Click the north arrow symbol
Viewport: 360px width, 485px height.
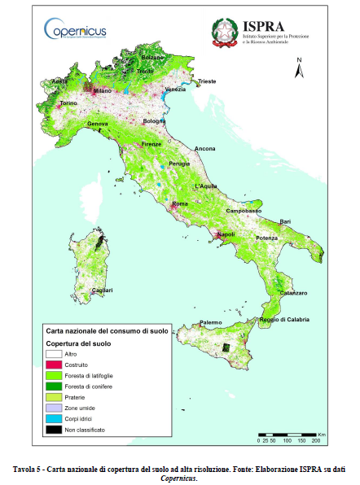[x=300, y=70]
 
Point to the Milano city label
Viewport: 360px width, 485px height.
[x=102, y=91]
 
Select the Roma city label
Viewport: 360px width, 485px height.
[x=180, y=203]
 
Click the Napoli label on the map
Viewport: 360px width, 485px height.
[x=226, y=235]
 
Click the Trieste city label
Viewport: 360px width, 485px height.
[x=208, y=82]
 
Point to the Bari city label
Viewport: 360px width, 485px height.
[x=285, y=221]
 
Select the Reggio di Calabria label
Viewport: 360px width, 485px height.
[x=284, y=319]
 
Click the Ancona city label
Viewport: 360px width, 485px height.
[x=204, y=149]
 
